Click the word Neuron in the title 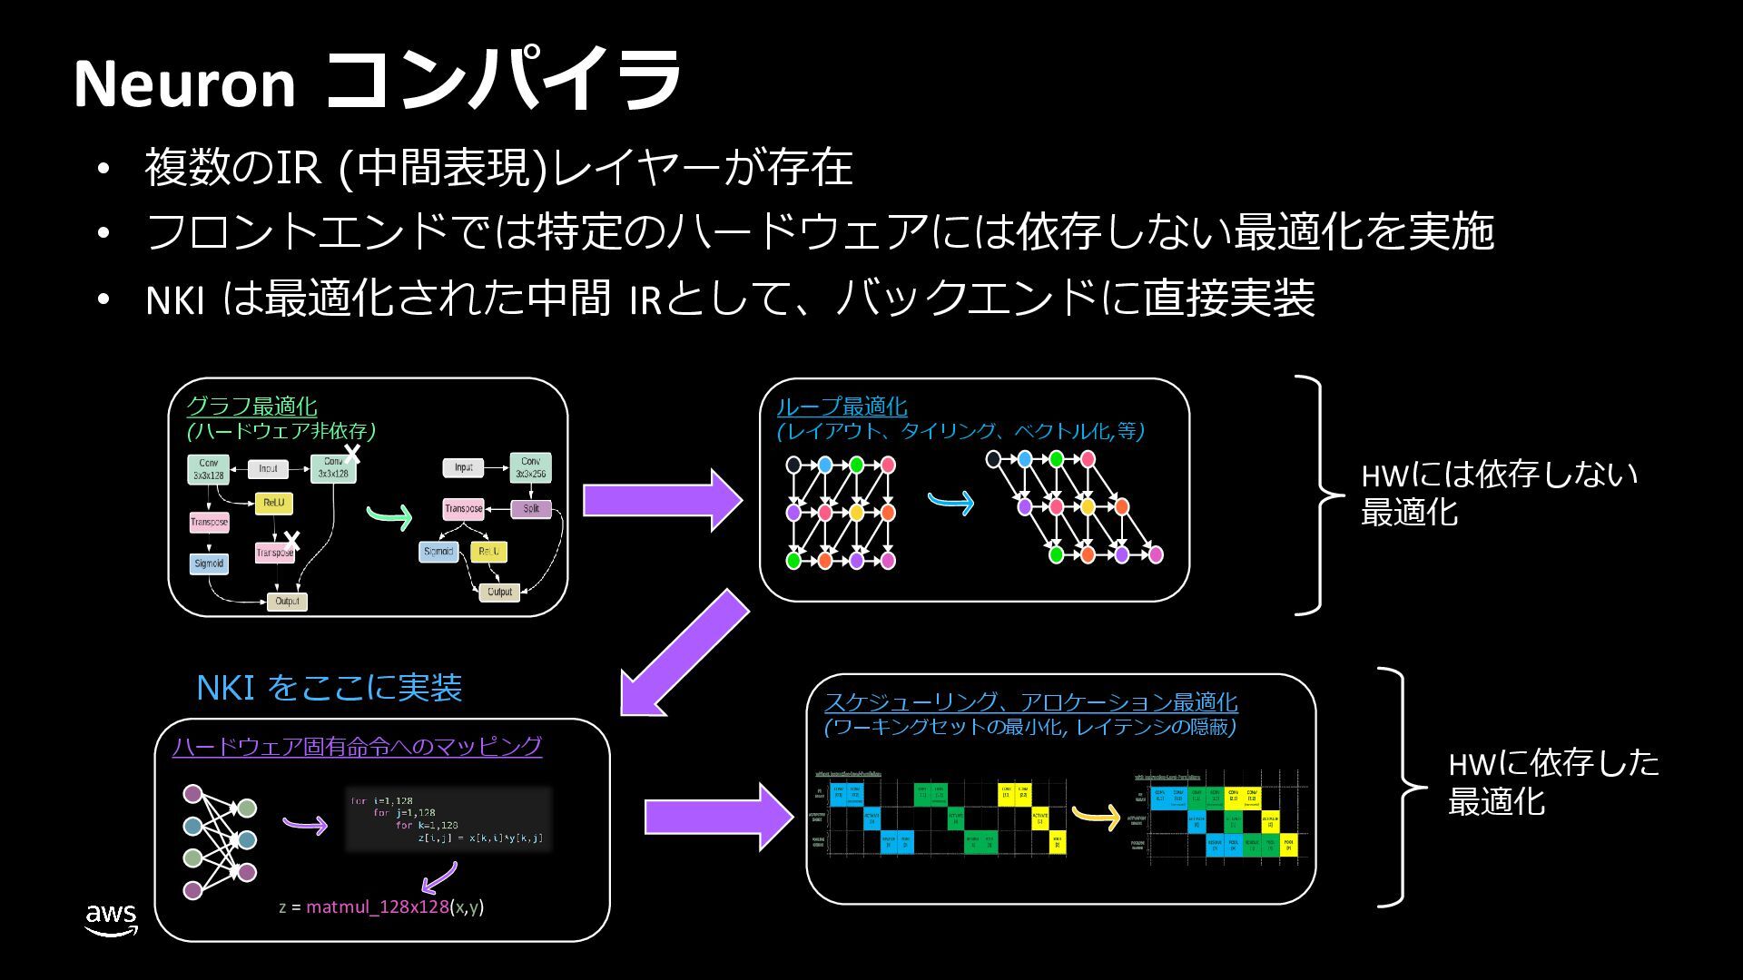pos(184,83)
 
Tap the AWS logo pos(111,919)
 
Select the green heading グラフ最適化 pos(251,406)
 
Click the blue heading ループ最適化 pos(842,406)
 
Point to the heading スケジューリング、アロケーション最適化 pos(1030,701)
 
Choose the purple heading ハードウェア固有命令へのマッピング pos(357,746)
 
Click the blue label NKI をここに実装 pos(329,688)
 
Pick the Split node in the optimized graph pos(531,508)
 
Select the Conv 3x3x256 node pos(530,467)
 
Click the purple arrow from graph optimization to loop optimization pos(661,500)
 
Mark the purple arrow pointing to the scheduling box pos(717,817)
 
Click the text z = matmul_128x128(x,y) pos(381,906)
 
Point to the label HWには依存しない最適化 pos(1498,493)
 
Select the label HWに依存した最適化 pos(1552,781)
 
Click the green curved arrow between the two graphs pos(389,516)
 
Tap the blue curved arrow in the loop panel pos(951,501)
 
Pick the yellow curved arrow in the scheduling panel pos(1097,816)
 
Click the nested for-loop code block pos(448,818)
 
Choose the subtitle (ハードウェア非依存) pos(281,430)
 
